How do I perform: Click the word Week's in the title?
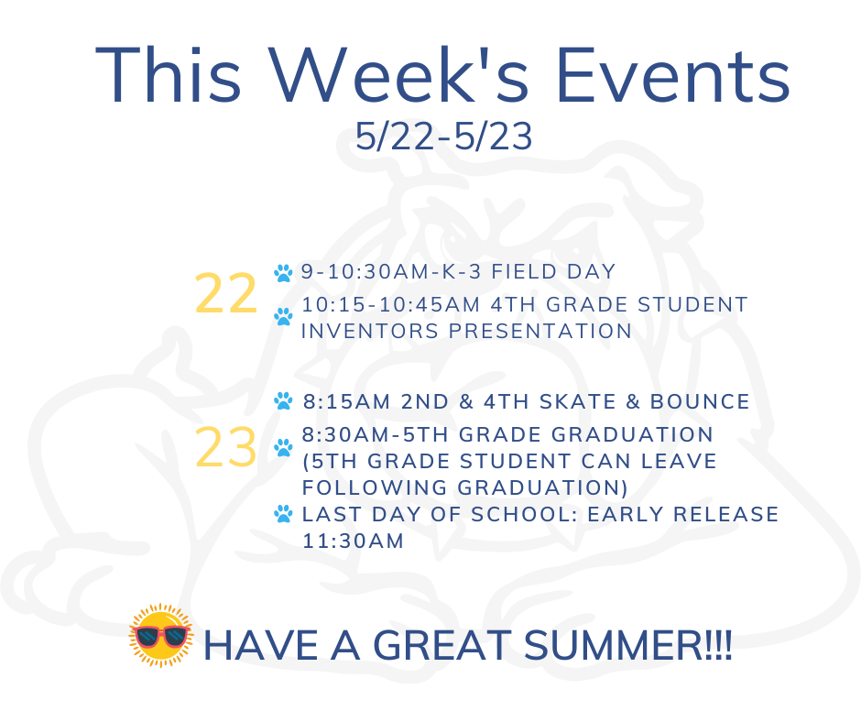tap(400, 75)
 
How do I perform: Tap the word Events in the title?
tap(673, 75)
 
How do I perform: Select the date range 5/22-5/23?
tap(443, 137)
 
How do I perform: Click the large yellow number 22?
tap(225, 294)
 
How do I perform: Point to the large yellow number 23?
tap(225, 447)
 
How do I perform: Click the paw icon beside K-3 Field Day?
tap(283, 273)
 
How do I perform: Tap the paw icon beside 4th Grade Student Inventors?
tap(283, 316)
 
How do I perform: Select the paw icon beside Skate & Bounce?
tap(283, 400)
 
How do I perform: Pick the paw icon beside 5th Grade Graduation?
tap(283, 448)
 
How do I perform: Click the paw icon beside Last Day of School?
tap(283, 514)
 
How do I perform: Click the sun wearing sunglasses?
tap(161, 635)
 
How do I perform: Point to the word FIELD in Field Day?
tap(524, 271)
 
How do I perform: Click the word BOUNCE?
tap(700, 401)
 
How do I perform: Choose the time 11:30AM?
tap(353, 541)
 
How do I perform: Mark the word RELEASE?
tap(726, 514)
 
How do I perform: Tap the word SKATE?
tap(578, 401)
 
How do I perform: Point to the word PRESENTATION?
tap(540, 332)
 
